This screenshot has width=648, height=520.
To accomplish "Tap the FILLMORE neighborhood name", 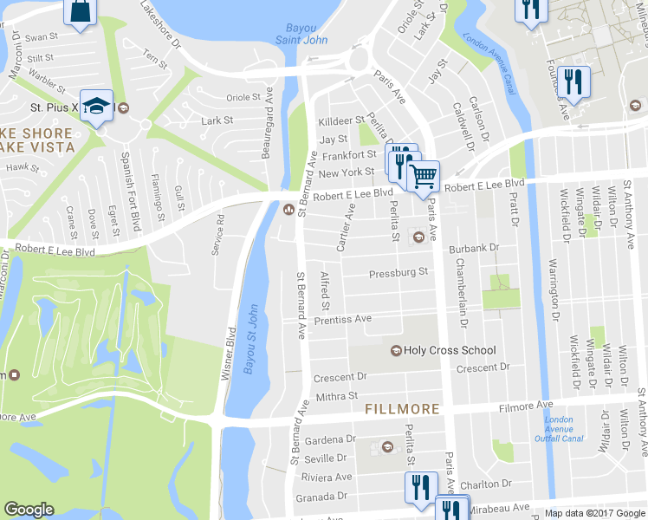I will [x=402, y=408].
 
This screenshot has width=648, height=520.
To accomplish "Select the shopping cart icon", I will [x=424, y=177].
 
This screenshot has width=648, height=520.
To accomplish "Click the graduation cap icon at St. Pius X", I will [x=97, y=106].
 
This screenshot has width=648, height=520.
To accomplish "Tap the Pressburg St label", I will [x=399, y=272].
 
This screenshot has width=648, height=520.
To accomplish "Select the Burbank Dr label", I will [x=474, y=249].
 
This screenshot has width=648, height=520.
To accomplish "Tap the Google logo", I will [x=29, y=510].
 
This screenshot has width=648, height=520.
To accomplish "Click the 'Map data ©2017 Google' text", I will [x=594, y=514].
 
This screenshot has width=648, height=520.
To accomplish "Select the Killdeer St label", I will [x=340, y=121].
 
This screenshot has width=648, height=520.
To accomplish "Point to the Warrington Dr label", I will [x=550, y=283].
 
